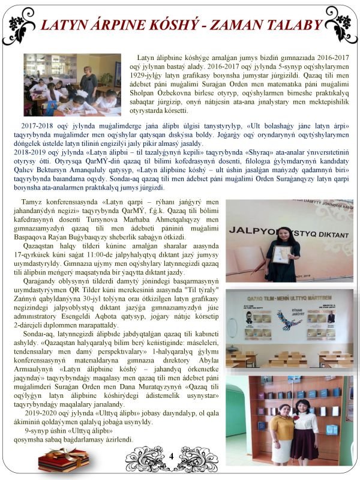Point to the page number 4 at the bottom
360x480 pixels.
pos(171,457)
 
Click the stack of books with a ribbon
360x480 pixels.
pos(63,460)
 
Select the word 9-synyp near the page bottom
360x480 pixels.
pos(41,431)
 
